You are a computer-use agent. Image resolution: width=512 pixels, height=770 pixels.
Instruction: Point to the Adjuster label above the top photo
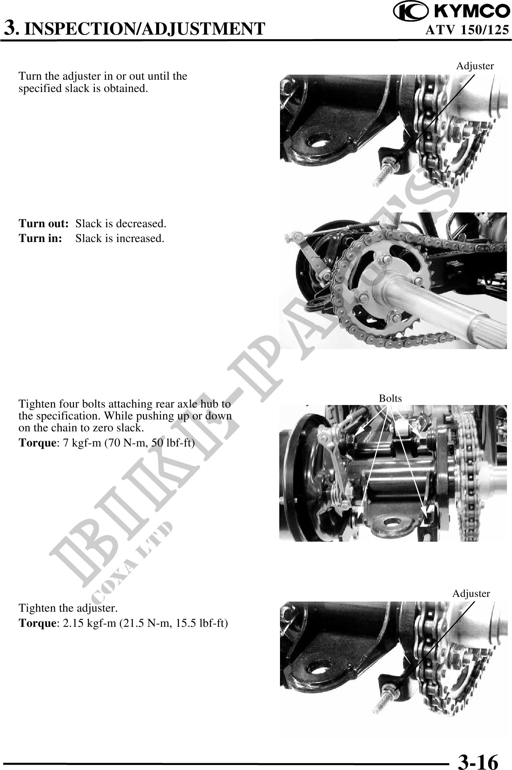475,66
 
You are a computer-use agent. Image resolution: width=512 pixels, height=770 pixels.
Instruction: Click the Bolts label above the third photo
390,398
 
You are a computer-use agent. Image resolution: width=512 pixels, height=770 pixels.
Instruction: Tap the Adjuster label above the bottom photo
471,593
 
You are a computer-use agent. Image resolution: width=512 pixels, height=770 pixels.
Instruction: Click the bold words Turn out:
44,224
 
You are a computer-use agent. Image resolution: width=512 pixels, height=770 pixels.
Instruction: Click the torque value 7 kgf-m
83,443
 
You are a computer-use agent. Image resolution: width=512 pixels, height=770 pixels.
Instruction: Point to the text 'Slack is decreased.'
121,224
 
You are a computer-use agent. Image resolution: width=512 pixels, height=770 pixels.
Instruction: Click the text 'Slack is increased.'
120,238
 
